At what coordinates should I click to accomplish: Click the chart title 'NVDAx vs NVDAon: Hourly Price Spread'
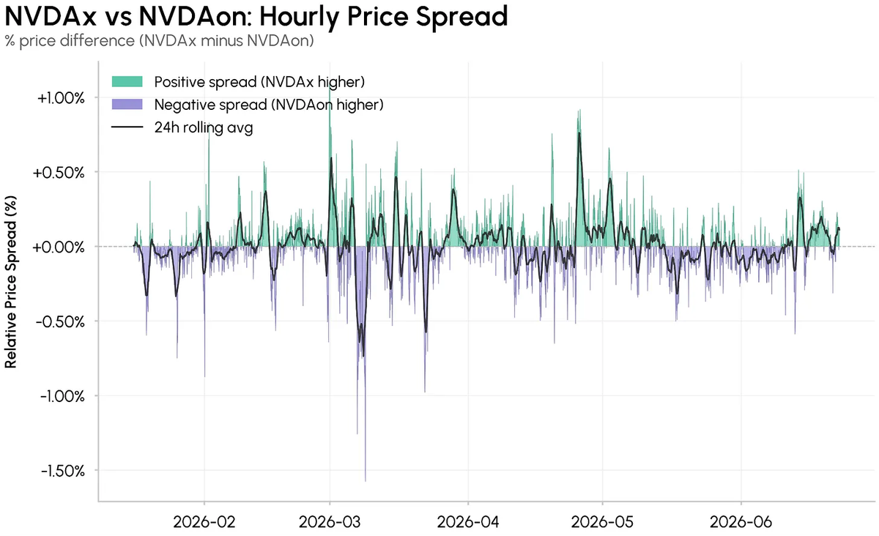(256, 17)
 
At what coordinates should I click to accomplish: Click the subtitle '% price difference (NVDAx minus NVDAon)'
(160, 41)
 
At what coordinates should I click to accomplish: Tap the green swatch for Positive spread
(127, 81)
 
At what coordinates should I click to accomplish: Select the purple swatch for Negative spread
(127, 105)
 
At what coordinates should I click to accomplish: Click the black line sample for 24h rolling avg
(127, 127)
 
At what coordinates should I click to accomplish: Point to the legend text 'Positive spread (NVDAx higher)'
(259, 82)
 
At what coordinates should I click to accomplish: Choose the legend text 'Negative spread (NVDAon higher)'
(269, 105)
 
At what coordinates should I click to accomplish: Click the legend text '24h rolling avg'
(204, 127)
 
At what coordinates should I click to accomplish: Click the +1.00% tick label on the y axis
(61, 98)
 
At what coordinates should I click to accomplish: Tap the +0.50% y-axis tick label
(59, 173)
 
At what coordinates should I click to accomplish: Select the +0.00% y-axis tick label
(59, 247)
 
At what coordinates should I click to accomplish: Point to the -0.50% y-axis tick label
(60, 321)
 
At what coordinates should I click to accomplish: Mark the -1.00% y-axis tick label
(62, 396)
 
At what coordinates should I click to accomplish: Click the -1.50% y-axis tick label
(62, 471)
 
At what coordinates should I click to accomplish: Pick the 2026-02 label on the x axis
(204, 522)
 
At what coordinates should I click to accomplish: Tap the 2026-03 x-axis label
(330, 522)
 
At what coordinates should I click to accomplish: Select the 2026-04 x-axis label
(468, 522)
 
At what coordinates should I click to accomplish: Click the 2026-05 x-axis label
(602, 522)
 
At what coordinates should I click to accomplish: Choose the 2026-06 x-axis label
(741, 522)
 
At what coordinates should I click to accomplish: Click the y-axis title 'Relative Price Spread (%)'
(10, 282)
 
